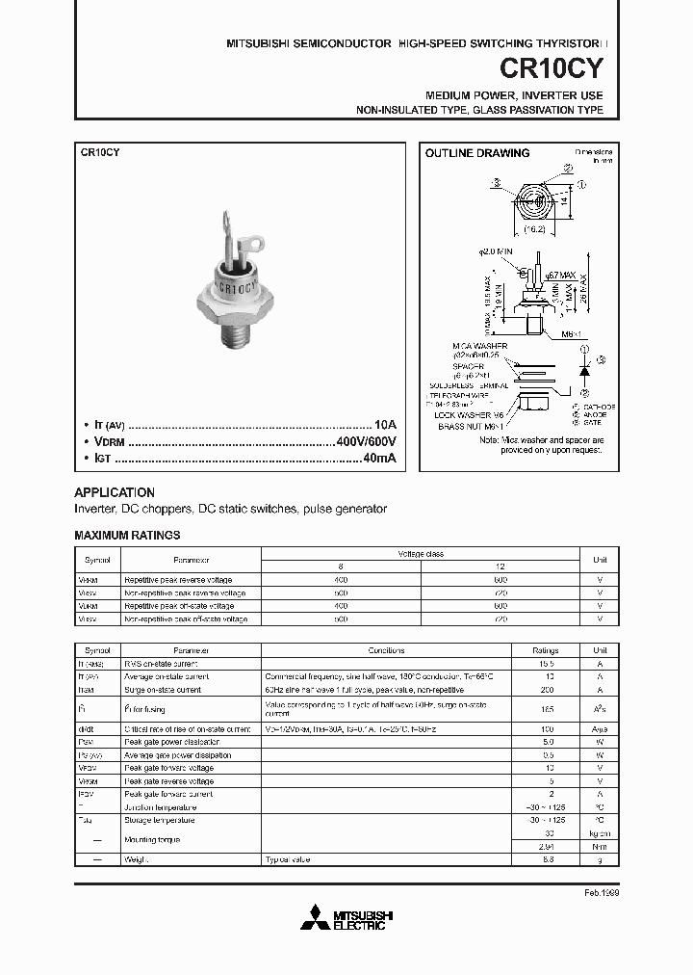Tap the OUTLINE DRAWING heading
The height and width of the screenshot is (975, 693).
coord(477,153)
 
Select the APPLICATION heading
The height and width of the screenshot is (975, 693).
coord(115,491)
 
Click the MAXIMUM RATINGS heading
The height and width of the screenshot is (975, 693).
coord(127,535)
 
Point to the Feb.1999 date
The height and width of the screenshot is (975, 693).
coord(601,893)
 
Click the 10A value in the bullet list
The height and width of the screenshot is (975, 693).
coord(385,425)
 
